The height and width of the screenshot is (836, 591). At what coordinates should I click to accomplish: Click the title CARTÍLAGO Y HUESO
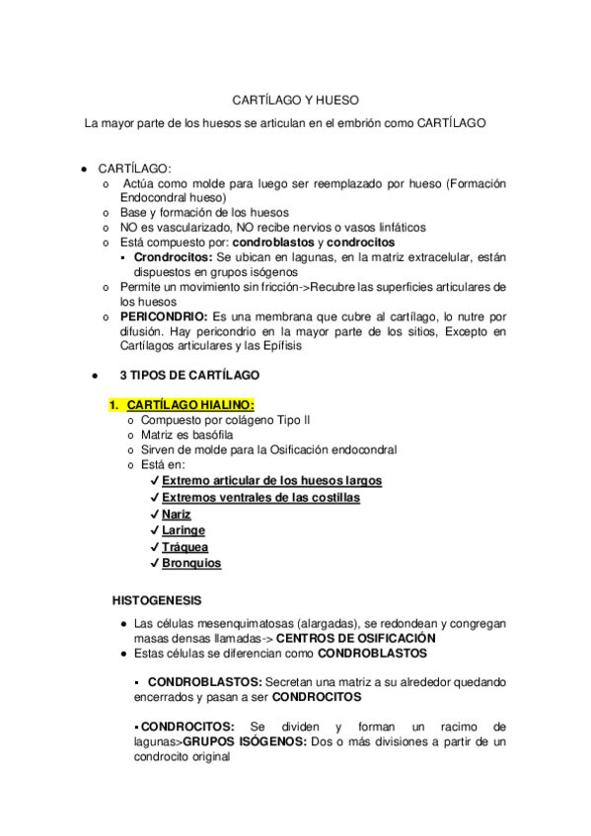[x=295, y=101]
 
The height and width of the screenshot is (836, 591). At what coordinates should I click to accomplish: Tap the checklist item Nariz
[x=177, y=514]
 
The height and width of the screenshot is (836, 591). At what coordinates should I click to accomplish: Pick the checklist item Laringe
[x=184, y=530]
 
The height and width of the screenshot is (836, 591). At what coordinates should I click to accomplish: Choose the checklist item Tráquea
[x=185, y=547]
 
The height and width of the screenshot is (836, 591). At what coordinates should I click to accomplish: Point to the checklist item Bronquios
[x=191, y=564]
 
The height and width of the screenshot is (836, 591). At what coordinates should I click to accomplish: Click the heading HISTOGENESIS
[x=157, y=599]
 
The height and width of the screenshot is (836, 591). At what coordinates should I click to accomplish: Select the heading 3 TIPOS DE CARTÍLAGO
[x=190, y=376]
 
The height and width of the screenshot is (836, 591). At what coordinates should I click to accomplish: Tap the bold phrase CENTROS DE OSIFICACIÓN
[x=355, y=638]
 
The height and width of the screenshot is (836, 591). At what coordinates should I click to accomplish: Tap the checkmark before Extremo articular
[x=156, y=481]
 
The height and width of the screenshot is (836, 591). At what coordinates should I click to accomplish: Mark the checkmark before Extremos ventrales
[x=156, y=498]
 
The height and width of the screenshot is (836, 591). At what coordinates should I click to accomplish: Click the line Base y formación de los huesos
[x=204, y=212]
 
